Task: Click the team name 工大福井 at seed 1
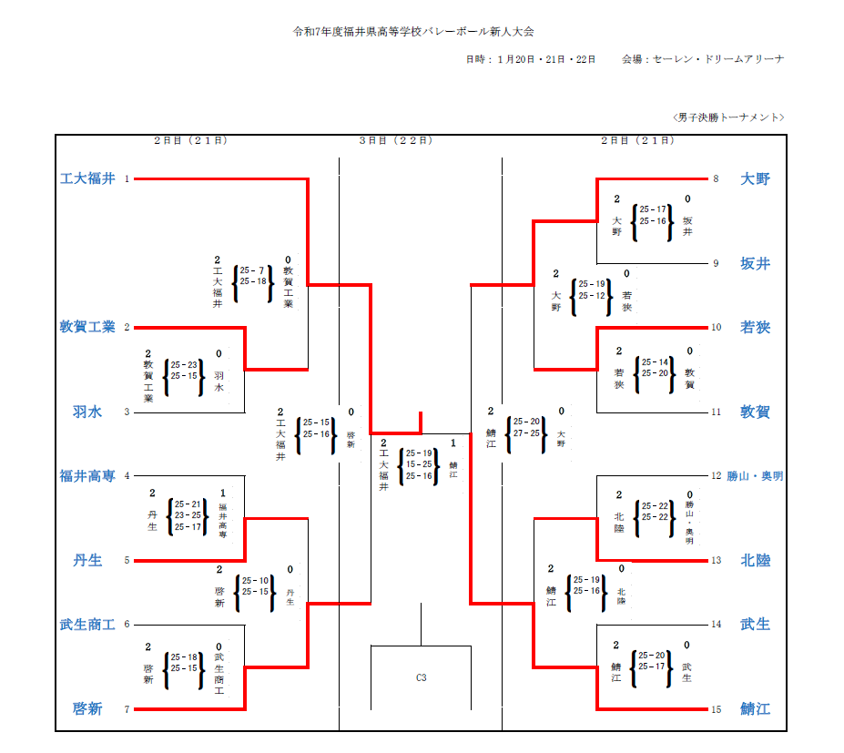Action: click(x=87, y=179)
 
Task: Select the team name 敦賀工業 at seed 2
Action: click(x=87, y=328)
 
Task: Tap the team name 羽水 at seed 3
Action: click(x=87, y=412)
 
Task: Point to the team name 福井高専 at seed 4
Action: click(x=87, y=476)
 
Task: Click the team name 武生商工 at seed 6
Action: click(x=87, y=625)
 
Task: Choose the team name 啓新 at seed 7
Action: click(x=87, y=709)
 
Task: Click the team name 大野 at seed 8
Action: click(x=755, y=179)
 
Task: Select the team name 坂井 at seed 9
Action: click(x=755, y=264)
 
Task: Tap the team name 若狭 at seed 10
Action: click(x=755, y=328)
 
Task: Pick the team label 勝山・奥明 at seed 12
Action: click(x=755, y=476)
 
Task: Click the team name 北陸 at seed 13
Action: click(x=755, y=561)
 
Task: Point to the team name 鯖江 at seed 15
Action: click(x=755, y=709)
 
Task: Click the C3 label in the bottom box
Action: click(x=421, y=677)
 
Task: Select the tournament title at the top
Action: click(x=412, y=31)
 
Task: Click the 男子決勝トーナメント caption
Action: click(x=727, y=117)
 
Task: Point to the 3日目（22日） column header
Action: click(x=395, y=141)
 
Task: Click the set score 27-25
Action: click(x=526, y=433)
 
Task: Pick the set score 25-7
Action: click(x=252, y=270)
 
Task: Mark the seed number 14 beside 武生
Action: click(x=716, y=625)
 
